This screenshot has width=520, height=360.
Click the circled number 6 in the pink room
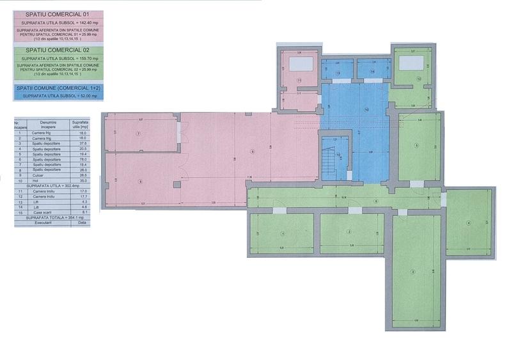(x=253, y=152)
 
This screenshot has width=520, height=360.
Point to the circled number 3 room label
(x=413, y=272)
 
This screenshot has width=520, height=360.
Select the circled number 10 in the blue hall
(x=366, y=109)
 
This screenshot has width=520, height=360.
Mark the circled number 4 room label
(x=468, y=223)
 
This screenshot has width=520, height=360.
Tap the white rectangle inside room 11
(x=301, y=64)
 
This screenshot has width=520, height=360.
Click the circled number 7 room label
(x=138, y=133)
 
